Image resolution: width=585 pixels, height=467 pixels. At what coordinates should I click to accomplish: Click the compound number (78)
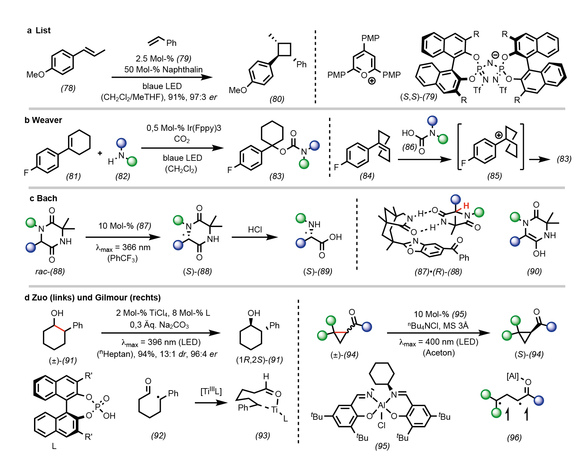tap(68, 88)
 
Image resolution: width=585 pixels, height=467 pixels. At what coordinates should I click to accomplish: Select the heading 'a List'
tap(39, 31)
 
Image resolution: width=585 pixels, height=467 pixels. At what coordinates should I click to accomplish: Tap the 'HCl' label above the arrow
tap(255, 229)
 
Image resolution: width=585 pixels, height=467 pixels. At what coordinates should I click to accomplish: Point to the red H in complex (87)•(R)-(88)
tap(466, 206)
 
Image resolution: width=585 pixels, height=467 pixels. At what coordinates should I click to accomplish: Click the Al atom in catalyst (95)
tap(382, 405)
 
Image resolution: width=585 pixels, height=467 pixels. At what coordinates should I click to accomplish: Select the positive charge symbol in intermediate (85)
tap(499, 135)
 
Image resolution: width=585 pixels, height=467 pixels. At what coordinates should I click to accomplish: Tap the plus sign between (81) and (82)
tap(100, 153)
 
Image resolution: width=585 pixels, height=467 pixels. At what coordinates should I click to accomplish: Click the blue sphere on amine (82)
tap(121, 143)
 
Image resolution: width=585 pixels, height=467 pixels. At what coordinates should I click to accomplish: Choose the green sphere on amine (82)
tap(132, 161)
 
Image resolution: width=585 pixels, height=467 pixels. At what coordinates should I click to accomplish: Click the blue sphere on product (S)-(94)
tap(551, 327)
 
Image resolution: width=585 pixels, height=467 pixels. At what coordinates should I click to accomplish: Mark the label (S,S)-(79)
tap(418, 97)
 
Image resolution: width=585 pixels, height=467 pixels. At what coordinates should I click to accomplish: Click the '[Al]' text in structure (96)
tap(513, 376)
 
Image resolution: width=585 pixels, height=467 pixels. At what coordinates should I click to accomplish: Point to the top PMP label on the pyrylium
tap(370, 38)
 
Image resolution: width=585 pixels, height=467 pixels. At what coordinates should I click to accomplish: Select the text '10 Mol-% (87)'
tap(125, 226)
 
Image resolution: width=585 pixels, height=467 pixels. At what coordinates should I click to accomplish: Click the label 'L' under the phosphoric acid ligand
tap(54, 446)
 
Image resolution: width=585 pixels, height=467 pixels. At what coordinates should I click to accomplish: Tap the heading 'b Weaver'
tap(43, 120)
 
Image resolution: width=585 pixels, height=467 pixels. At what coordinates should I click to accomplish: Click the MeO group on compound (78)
tap(36, 75)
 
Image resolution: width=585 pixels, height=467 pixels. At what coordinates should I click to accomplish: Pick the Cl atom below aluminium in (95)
tap(382, 426)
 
